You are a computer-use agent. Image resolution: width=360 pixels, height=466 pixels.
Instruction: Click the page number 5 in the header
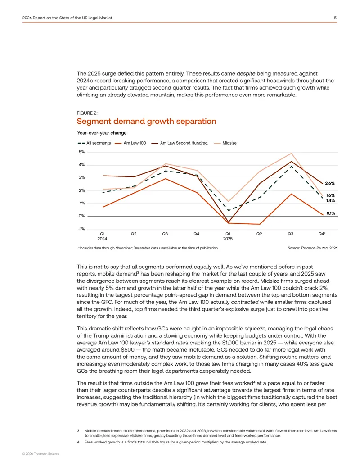coord(335,18)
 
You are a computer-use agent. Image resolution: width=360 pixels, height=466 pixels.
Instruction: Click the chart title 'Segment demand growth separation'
coord(146,121)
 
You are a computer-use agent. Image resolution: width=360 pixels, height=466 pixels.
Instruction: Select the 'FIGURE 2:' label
coord(87,113)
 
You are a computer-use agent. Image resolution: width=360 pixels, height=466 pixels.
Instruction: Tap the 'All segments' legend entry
coord(94,143)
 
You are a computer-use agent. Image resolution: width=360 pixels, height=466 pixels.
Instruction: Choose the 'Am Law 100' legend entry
coord(130,143)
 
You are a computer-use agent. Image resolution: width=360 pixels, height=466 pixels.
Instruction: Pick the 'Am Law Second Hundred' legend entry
coord(180,143)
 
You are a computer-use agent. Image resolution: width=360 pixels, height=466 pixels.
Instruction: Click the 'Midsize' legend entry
coord(225,143)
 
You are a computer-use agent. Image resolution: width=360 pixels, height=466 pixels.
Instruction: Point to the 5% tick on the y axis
coord(82,152)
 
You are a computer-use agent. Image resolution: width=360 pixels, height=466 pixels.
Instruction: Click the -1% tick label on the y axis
coord(81,229)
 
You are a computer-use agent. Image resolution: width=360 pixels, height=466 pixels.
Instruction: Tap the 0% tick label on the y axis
coord(82,216)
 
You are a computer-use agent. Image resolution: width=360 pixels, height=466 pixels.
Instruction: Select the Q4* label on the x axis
coord(322,234)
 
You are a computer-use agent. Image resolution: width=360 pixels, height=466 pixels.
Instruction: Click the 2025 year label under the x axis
coord(228,239)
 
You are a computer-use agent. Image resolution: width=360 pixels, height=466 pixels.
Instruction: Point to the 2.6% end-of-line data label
coord(330,183)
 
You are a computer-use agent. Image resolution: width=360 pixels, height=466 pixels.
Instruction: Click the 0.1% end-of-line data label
coord(331,213)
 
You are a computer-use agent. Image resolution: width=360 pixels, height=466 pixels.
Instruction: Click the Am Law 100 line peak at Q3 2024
coord(166,179)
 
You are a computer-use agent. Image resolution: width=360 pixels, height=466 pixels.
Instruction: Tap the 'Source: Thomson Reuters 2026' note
coord(312,248)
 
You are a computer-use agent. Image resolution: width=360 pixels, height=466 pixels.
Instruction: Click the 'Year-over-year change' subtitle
coord(102,133)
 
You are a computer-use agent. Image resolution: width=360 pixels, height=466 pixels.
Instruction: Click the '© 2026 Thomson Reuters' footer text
coord(40,454)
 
